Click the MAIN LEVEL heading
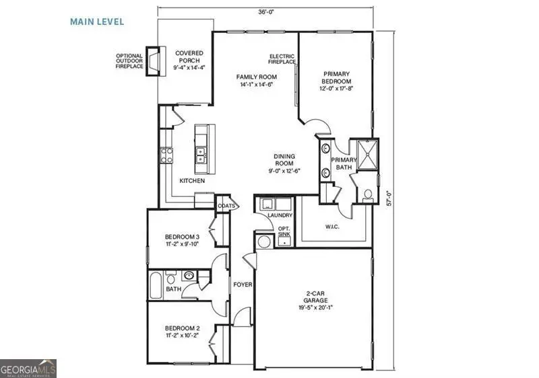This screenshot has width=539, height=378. pyautogui.click(x=97, y=22)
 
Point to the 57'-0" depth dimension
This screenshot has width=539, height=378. pyautogui.click(x=389, y=199)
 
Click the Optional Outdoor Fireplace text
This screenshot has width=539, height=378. pyautogui.click(x=130, y=61)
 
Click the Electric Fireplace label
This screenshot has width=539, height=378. pyautogui.click(x=282, y=59)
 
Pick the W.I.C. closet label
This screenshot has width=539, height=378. pyautogui.click(x=333, y=226)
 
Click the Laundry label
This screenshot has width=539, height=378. pyautogui.click(x=279, y=215)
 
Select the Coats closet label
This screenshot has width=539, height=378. pyautogui.click(x=225, y=206)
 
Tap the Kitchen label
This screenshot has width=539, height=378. pyautogui.click(x=192, y=181)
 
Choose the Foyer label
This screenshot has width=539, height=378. pyautogui.click(x=243, y=285)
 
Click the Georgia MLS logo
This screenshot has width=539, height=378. pyautogui.click(x=28, y=369)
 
